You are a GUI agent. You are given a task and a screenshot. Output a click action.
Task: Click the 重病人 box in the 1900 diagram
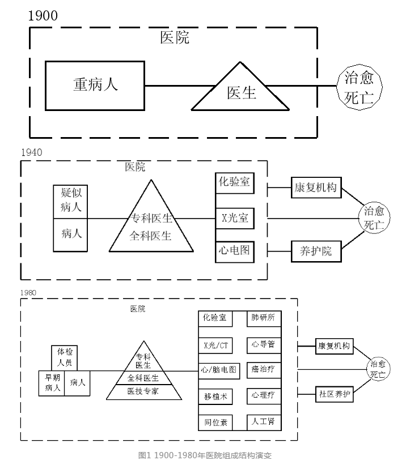95,85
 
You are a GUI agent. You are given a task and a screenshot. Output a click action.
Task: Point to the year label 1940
31,152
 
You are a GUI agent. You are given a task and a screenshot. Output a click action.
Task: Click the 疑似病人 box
71,200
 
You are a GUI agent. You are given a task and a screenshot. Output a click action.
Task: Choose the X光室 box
233,217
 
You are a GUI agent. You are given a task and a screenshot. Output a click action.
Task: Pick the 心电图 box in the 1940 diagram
233,250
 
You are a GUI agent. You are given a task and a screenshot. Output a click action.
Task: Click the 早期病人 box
52,383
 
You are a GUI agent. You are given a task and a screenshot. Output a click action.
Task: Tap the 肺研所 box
263,318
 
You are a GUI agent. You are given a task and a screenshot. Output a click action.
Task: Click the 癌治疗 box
263,369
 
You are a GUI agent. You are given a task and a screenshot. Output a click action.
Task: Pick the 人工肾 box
263,421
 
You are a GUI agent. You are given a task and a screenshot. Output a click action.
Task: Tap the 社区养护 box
334,393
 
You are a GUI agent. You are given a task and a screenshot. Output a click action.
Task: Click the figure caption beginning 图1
202,455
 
